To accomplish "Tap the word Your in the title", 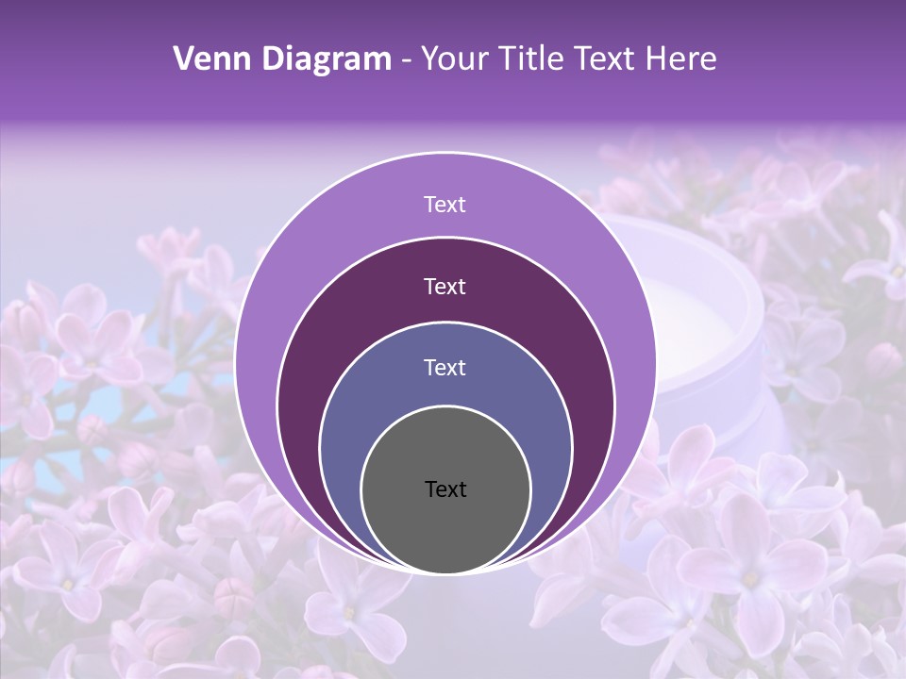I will pyautogui.click(x=454, y=59).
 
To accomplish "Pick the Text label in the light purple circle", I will pyautogui.click(x=445, y=205).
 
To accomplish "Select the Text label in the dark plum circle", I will pyautogui.click(x=445, y=286).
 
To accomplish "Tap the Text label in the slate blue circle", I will pyautogui.click(x=445, y=367).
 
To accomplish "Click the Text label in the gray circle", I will pyautogui.click(x=445, y=489).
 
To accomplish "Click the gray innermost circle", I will pyautogui.click(x=445, y=528).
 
